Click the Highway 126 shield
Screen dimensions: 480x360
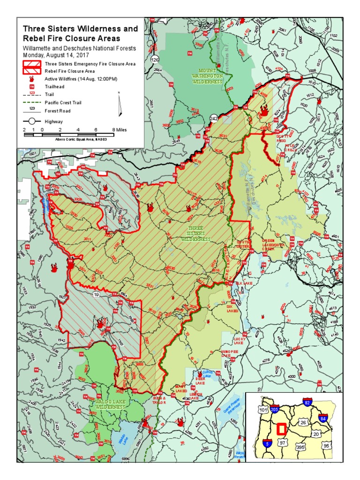(x=155, y=60)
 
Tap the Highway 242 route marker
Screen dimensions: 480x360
(x=213, y=118)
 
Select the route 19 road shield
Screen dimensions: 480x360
(x=96, y=294)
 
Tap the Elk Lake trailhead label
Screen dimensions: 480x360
(x=248, y=283)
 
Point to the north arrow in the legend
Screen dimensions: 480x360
(x=120, y=105)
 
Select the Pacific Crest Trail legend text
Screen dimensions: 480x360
(x=63, y=103)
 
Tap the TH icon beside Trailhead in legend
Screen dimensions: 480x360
(x=32, y=87)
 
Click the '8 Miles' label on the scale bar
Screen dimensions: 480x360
(x=119, y=129)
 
